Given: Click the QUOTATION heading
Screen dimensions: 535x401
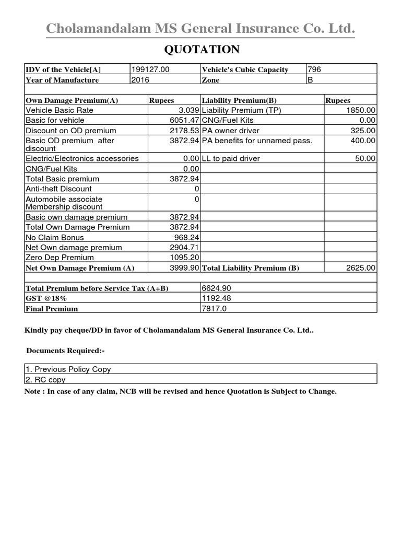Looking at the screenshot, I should pyautogui.click(x=202, y=50).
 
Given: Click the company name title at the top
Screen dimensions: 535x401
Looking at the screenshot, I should pyautogui.click(x=200, y=29).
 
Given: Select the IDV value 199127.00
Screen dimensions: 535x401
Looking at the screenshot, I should pyautogui.click(x=150, y=69).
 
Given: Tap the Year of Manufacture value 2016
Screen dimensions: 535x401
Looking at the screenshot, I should pyautogui.click(x=141, y=80).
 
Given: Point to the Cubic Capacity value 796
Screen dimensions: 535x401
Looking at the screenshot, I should pyautogui.click(x=314, y=69).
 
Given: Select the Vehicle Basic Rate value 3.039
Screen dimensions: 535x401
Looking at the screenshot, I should pyautogui.click(x=188, y=110).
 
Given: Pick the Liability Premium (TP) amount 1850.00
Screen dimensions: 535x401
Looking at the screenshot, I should pyautogui.click(x=361, y=110).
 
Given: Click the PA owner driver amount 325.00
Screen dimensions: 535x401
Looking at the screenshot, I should pyautogui.click(x=363, y=131).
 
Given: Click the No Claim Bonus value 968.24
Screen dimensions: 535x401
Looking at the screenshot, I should pyautogui.click(x=186, y=237).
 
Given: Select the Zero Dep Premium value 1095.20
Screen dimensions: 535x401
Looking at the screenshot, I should pyautogui.click(x=184, y=258).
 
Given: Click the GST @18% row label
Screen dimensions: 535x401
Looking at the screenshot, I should pyautogui.click(x=46, y=298).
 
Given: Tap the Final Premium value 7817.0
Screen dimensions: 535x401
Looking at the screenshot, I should pyautogui.click(x=215, y=308).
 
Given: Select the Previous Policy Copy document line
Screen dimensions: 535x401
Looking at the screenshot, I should pyautogui.click(x=68, y=369).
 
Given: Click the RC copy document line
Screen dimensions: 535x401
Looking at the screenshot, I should pyautogui.click(x=45, y=380).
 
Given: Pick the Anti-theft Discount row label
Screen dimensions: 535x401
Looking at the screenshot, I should pyautogui.click(x=58, y=189).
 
